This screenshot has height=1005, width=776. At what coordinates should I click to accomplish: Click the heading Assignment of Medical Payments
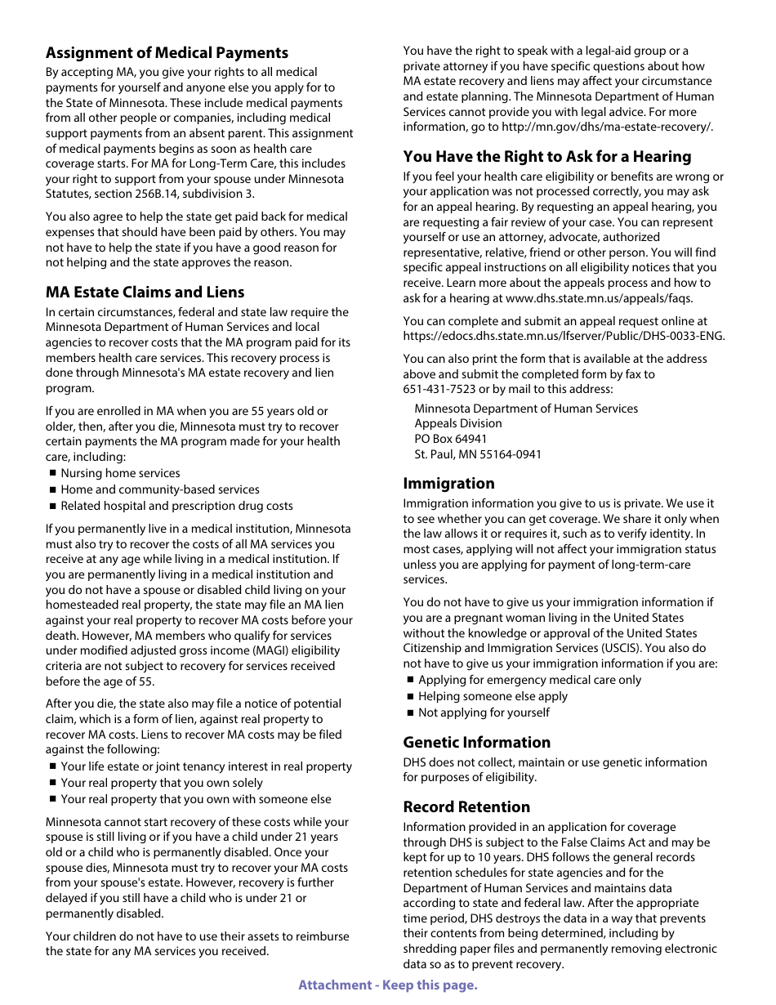coord(167,53)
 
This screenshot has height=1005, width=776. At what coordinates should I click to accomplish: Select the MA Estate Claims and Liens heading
coord(145,293)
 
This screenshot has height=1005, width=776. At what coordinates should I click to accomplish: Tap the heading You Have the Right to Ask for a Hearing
coord(546,157)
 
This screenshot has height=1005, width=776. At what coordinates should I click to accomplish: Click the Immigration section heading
coord(448,484)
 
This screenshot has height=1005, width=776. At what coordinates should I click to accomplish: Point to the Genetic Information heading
coord(476,743)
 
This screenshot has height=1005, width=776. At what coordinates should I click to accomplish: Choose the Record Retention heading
coord(466,807)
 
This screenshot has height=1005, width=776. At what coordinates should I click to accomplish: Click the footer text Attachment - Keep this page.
coord(387,985)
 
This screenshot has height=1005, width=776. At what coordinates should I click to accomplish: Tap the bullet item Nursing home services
coord(120,474)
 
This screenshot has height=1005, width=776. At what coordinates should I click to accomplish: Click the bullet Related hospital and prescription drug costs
coord(176,507)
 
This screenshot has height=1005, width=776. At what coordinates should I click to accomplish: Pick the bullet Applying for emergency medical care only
coord(529,681)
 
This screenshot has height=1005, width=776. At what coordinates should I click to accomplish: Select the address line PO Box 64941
coord(450,440)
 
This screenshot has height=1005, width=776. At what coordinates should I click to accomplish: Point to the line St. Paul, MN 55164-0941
coord(477,455)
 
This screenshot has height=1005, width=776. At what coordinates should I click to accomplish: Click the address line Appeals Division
coord(457,424)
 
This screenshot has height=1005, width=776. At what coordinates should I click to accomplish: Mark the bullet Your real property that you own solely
coord(162,784)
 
